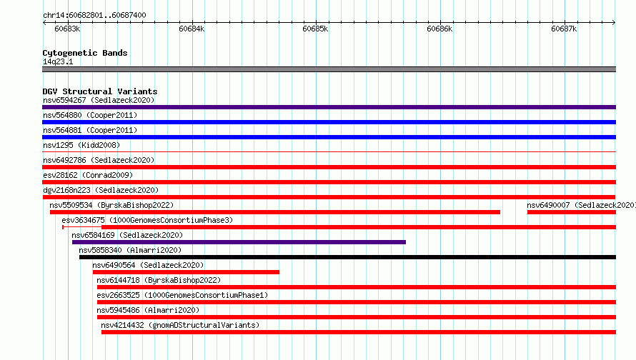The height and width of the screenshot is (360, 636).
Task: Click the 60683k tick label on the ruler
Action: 67,29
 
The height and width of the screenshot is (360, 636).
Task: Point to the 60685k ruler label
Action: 315,29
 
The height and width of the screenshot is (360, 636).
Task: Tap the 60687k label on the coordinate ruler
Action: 564,29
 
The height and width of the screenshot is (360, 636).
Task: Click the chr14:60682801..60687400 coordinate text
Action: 94,15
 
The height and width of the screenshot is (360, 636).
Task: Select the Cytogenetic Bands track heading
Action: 85,53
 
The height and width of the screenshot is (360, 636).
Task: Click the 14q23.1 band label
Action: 58,61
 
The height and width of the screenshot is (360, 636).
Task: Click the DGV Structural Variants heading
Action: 100,91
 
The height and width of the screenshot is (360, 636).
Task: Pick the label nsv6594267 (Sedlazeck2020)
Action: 99,100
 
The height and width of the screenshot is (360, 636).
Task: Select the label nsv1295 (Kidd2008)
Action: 81,145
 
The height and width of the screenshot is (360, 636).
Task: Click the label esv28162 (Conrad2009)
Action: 88,175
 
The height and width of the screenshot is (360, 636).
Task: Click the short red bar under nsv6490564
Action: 187,272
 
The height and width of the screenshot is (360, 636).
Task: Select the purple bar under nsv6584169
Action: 239,242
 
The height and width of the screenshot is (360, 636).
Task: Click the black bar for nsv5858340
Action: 347,257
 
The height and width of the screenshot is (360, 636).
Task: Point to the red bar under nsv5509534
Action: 275,212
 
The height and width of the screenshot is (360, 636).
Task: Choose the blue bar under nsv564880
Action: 329,122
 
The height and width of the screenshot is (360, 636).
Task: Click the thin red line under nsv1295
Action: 329,152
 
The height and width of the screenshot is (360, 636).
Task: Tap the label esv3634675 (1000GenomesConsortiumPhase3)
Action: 147,220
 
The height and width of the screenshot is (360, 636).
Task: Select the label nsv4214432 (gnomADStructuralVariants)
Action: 180,325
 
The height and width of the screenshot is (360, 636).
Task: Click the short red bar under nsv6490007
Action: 572,212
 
